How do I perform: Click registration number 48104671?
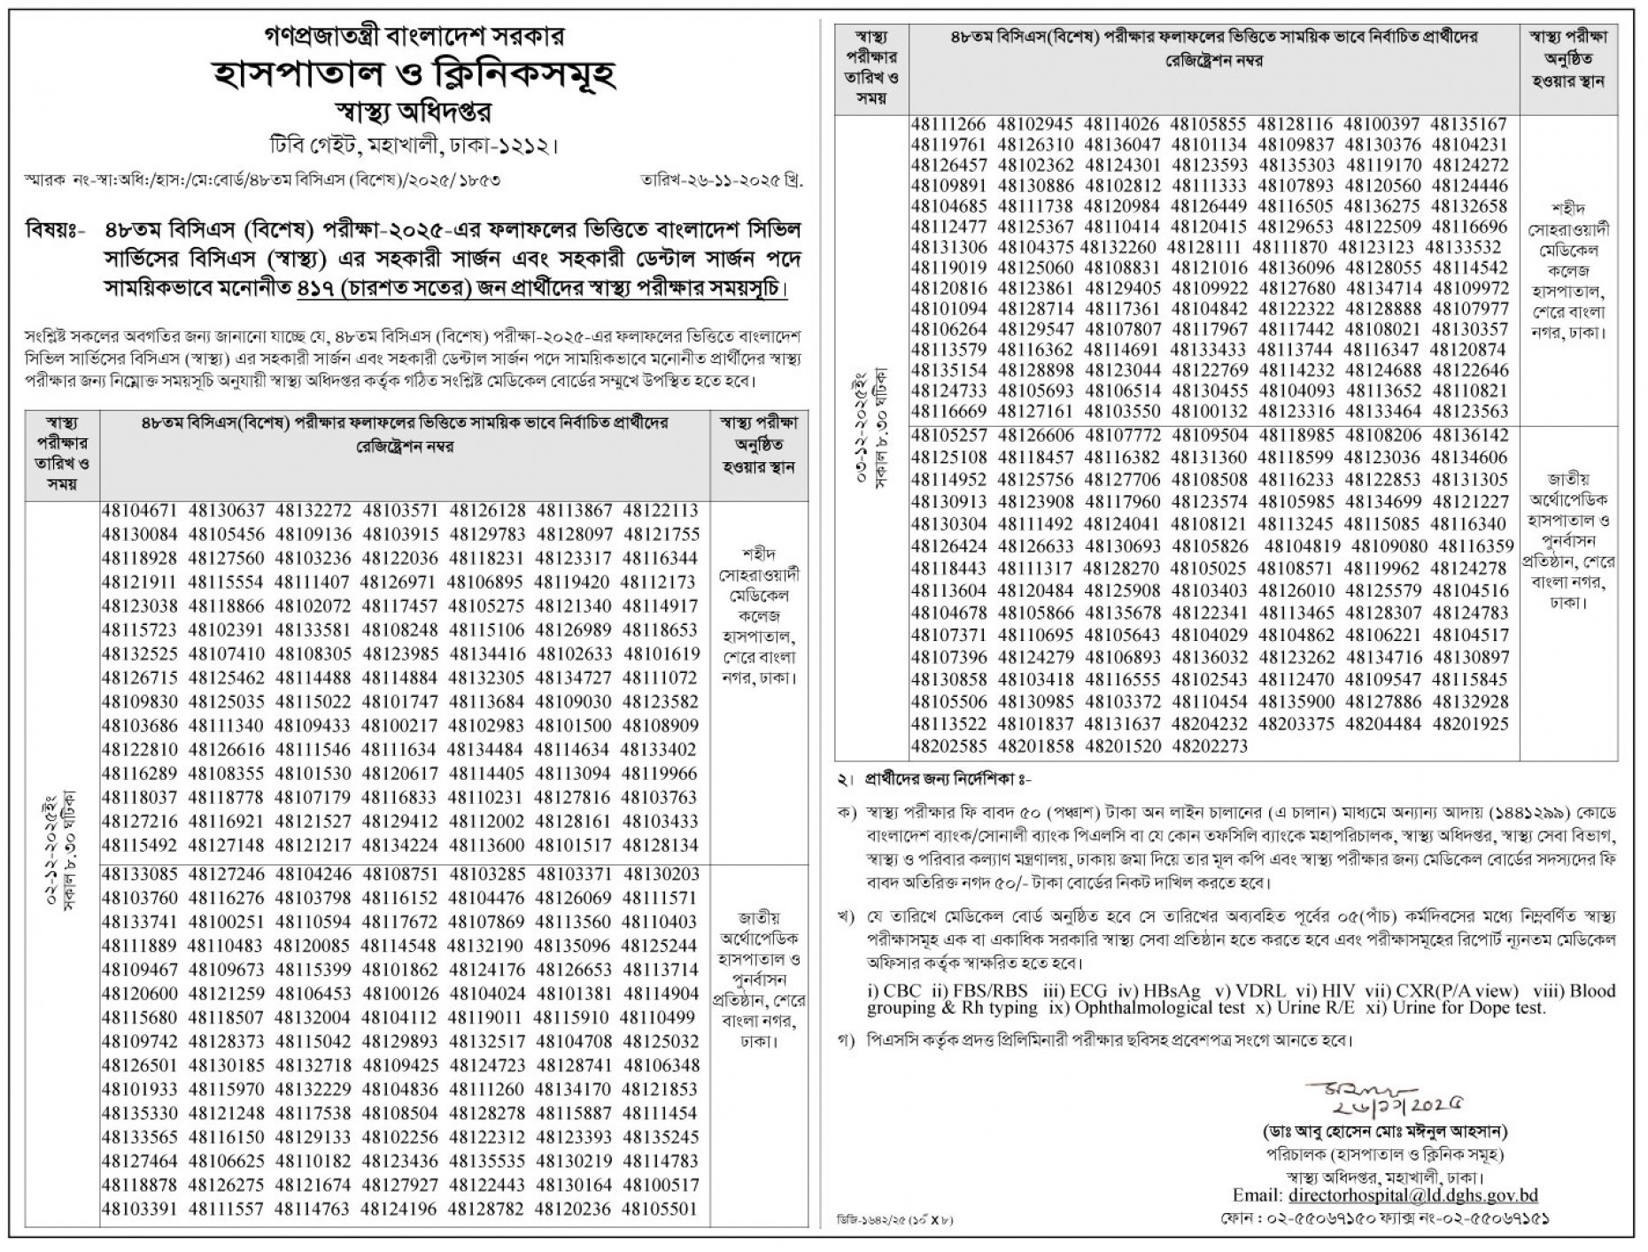tap(140, 511)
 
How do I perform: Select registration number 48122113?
tap(661, 511)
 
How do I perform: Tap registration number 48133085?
tap(140, 874)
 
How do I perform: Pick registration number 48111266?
tap(948, 125)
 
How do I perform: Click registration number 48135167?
tap(1469, 125)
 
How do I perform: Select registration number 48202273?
tap(1209, 746)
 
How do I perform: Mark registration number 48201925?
tap(1469, 724)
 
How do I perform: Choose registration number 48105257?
tap(948, 436)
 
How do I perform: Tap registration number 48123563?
tap(1469, 412)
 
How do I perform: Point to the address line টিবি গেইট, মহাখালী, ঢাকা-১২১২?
tap(415, 144)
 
